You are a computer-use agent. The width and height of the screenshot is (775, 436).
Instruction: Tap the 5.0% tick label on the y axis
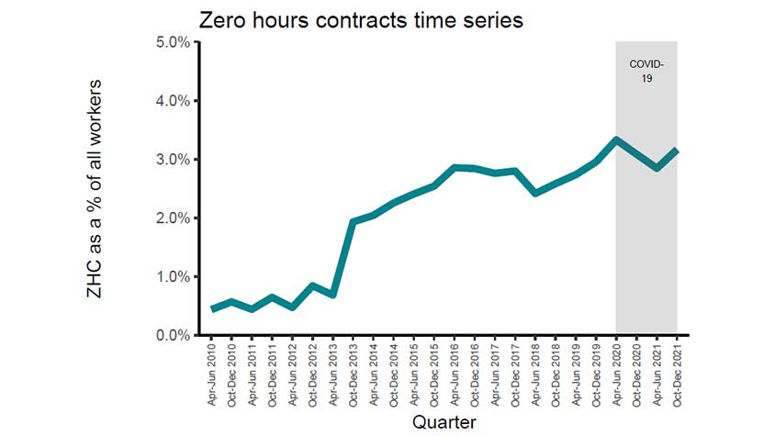[172, 42]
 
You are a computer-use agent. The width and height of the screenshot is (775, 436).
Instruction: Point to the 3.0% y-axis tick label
[172, 160]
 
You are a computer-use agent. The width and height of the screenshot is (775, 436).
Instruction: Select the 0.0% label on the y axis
[172, 336]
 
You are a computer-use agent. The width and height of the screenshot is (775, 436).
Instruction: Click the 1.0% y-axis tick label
[172, 277]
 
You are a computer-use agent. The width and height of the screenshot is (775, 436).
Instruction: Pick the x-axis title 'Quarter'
[444, 421]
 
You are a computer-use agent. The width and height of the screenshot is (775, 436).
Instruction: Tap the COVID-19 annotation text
[646, 72]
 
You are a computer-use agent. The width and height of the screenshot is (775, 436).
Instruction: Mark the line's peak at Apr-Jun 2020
[616, 140]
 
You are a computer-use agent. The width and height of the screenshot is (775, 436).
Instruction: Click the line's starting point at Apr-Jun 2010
[212, 309]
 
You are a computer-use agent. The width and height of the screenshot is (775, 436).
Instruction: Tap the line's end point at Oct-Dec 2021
[677, 151]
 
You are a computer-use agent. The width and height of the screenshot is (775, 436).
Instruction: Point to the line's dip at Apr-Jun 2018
[535, 194]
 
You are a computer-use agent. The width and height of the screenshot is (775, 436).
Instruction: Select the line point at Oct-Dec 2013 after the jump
[354, 221]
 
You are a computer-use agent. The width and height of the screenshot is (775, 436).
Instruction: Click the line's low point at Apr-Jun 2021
[657, 168]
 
